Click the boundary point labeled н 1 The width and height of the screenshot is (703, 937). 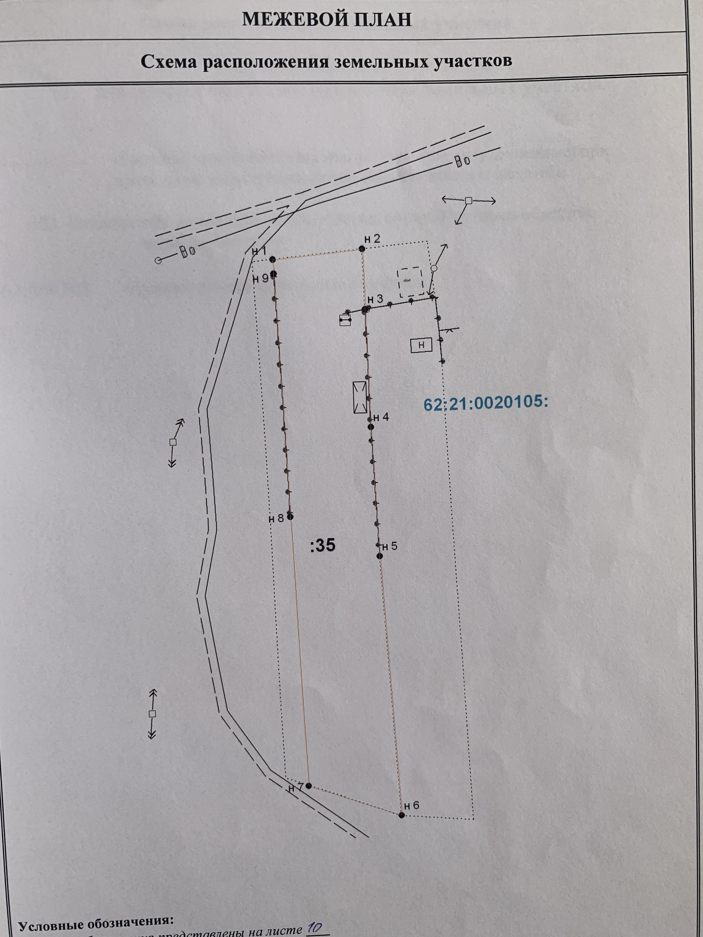pyautogui.click(x=272, y=259)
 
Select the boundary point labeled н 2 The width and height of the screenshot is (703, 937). pyautogui.click(x=361, y=249)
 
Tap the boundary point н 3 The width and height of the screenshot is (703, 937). pyautogui.click(x=364, y=310)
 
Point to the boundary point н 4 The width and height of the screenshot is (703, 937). pyautogui.click(x=371, y=427)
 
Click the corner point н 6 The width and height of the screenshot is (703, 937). pyautogui.click(x=402, y=815)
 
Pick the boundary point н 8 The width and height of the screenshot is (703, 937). pyautogui.click(x=290, y=517)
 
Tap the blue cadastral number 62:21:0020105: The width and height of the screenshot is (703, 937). pyautogui.click(x=486, y=403)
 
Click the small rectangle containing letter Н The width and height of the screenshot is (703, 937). pyautogui.click(x=421, y=345)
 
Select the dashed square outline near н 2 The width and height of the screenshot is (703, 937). pyautogui.click(x=410, y=281)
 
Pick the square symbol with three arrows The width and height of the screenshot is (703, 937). pyautogui.click(x=468, y=201)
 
